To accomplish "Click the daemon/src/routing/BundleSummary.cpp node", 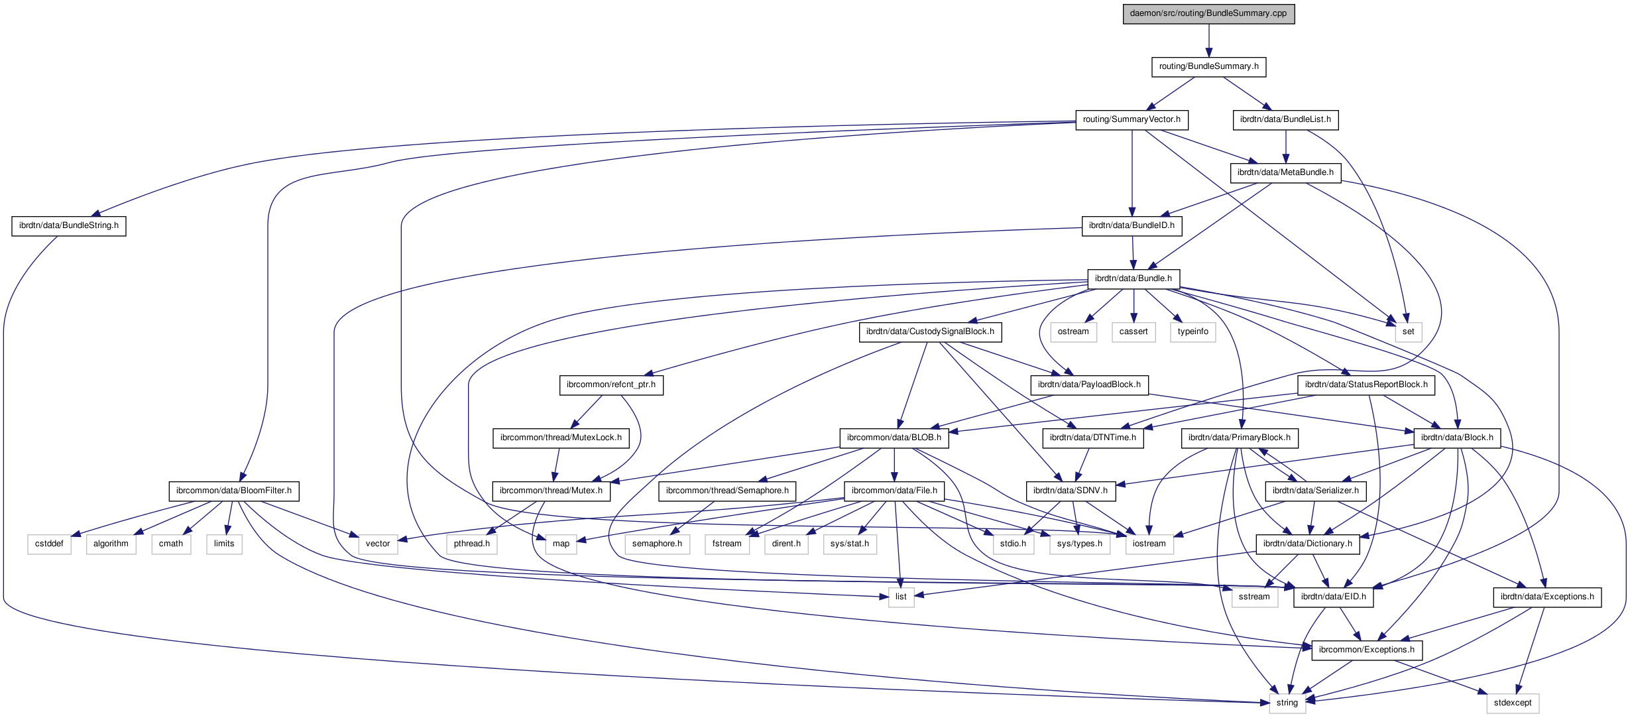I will [x=1208, y=13].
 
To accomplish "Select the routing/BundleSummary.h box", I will [x=1208, y=66].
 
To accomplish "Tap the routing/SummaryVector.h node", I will [x=1132, y=119].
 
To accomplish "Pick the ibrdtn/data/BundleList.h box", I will [x=1285, y=119].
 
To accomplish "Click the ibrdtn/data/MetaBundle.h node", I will [x=1285, y=172].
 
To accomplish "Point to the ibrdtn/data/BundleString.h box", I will [x=69, y=225].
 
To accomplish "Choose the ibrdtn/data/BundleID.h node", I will [x=1132, y=225].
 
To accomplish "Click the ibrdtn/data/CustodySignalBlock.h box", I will [x=930, y=331].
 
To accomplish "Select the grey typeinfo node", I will [x=1193, y=331].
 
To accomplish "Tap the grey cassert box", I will [x=1134, y=331].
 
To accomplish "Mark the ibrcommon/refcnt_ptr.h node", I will [x=611, y=385].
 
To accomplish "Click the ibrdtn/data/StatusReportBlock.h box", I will [x=1366, y=385].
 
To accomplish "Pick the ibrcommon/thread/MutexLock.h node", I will [x=561, y=438].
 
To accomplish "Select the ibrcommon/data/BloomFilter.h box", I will [x=234, y=491].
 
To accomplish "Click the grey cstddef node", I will [x=49, y=544].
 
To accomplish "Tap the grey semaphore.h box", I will [x=657, y=544].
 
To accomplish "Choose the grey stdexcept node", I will [x=1513, y=703].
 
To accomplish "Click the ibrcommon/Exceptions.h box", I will [x=1367, y=650].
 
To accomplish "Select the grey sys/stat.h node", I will [x=850, y=544].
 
